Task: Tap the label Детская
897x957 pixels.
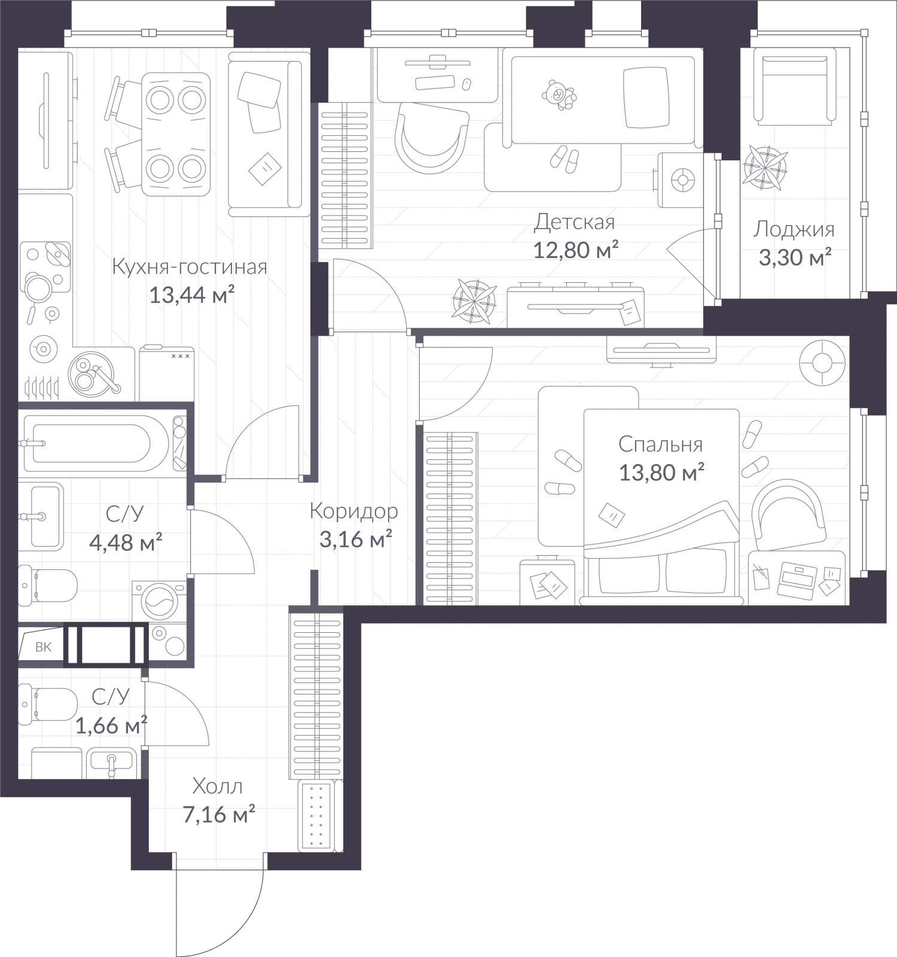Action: coord(574,222)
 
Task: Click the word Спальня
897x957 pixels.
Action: coord(660,444)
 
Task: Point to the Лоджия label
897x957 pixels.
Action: coord(794,229)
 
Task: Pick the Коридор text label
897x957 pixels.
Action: coord(354,511)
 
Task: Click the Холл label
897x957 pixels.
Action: coord(218,786)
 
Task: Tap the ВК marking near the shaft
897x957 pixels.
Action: coord(43,647)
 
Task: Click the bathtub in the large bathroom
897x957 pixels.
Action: coord(97,443)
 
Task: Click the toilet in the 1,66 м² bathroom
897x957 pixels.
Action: coord(48,705)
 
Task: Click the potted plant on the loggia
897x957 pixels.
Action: coord(765,167)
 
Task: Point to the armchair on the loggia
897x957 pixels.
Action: coord(794,87)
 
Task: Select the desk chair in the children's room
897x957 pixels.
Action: coord(431,138)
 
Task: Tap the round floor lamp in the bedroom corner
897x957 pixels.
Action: coord(822,364)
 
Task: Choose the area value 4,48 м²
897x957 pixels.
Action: coord(126,543)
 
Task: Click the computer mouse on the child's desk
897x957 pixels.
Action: coord(466,83)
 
